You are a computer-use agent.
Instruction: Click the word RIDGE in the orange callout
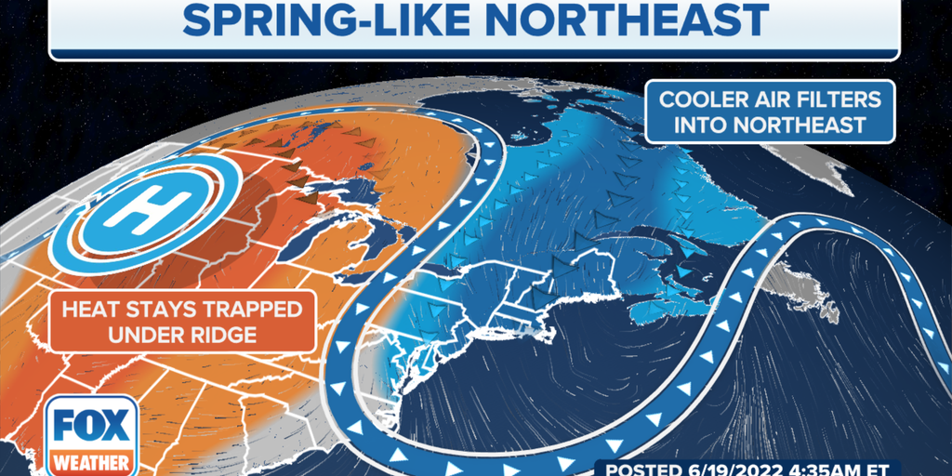point(218,334)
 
